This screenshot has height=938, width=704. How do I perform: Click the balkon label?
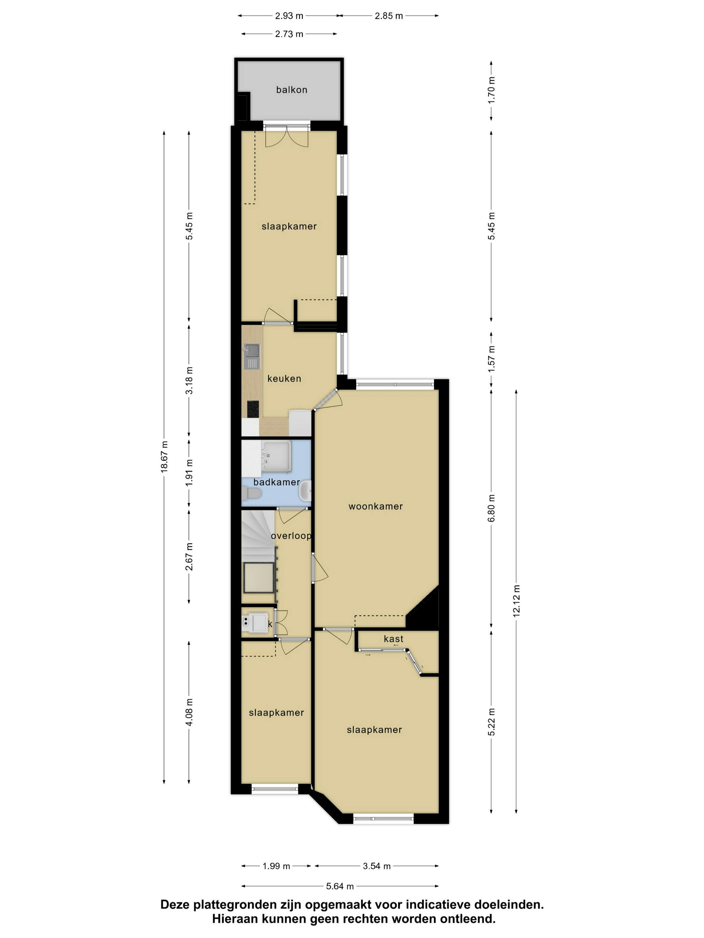(x=292, y=89)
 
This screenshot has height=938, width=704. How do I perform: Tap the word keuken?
(x=284, y=378)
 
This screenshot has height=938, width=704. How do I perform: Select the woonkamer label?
(x=375, y=506)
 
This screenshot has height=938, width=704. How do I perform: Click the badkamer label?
(x=276, y=482)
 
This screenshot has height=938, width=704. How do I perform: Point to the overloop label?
(x=291, y=536)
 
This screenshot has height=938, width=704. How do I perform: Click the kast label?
(x=393, y=639)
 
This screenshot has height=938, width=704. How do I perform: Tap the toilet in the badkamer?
(x=252, y=493)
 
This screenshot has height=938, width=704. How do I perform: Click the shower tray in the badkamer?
(x=276, y=456)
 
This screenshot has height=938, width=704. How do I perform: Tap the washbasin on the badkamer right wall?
(x=305, y=492)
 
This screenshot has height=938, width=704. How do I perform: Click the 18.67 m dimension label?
(x=165, y=456)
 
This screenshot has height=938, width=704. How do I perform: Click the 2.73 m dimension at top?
(x=289, y=34)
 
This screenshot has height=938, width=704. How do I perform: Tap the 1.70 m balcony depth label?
(x=491, y=89)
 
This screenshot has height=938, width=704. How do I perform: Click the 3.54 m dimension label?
(x=376, y=866)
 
